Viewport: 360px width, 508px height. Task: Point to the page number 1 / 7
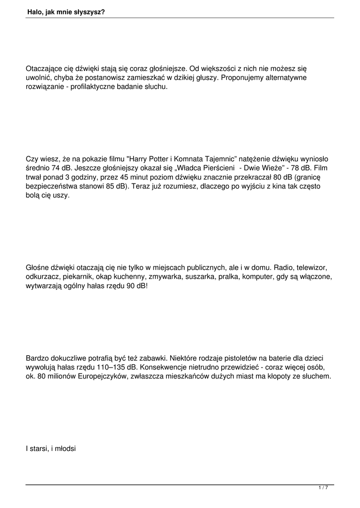pyautogui.click(x=323, y=488)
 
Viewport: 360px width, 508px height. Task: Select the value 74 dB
pyautogui.click(x=59, y=168)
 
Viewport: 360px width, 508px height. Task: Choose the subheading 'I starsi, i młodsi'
pyautogui.click(x=51, y=449)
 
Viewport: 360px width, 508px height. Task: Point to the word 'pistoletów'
pyautogui.click(x=221, y=358)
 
